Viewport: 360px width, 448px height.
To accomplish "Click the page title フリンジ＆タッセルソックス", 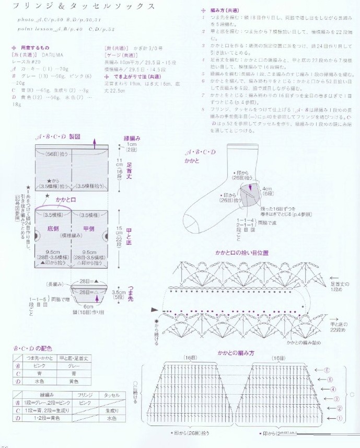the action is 84,7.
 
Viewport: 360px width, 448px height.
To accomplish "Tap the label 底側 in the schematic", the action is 54,228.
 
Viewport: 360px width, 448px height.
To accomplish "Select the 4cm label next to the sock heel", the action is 266,189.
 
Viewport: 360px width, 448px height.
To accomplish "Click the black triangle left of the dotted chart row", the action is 154,310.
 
